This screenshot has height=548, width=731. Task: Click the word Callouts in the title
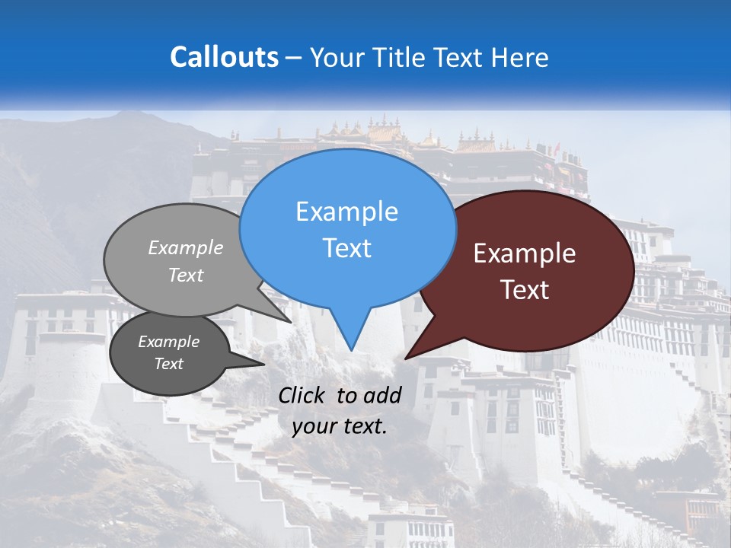[x=224, y=57]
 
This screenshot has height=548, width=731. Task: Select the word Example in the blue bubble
[x=346, y=212]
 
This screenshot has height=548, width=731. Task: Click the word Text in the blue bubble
[x=346, y=247]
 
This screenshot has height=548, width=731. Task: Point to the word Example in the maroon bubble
[x=525, y=253]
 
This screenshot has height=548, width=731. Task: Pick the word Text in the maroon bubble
[x=525, y=289]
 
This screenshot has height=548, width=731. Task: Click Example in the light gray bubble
[x=186, y=247]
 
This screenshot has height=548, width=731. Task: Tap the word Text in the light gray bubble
[x=186, y=275]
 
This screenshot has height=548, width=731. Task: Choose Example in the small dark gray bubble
[x=168, y=342]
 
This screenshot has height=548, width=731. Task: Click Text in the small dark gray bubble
[x=168, y=363]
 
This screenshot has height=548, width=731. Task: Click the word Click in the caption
[x=303, y=395]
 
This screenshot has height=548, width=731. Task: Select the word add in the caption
[x=383, y=395]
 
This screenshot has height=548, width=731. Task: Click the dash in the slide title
[x=295, y=58]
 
